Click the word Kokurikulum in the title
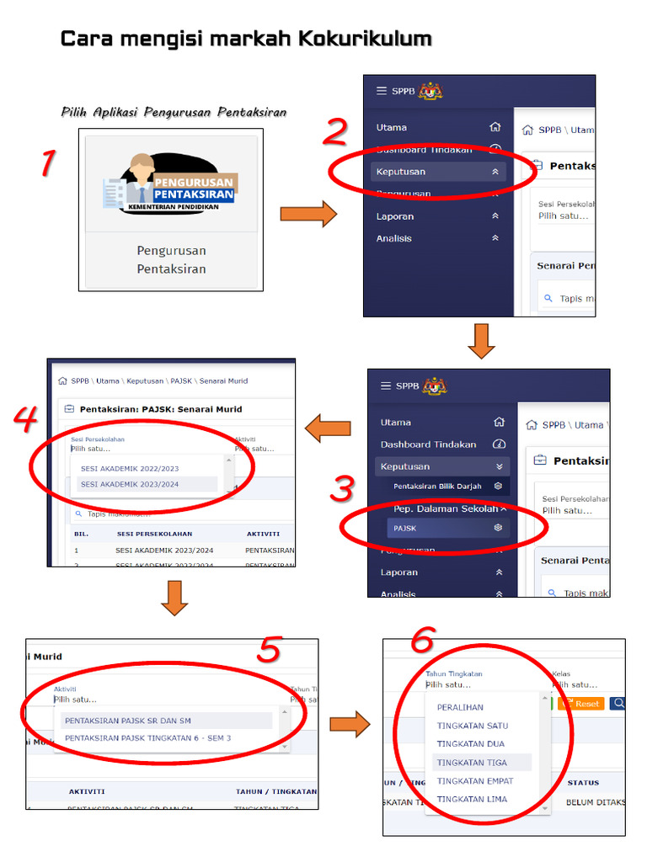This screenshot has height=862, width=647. coord(366,39)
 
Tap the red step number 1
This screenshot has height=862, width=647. coord(49,162)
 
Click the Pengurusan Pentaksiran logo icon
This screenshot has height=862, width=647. coord(172,184)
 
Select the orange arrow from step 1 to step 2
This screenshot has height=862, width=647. coord(307,215)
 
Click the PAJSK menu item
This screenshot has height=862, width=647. coord(405,528)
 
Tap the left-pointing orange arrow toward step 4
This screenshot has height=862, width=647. coord(328,429)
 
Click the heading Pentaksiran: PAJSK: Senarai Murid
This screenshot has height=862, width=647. coord(160,409)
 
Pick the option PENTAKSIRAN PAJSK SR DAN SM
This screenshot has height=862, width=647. coord(129,721)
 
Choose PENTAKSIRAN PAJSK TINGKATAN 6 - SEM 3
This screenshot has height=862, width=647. coord(147,738)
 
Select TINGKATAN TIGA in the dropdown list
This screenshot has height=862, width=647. coord(472,763)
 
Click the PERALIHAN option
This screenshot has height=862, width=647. coord(460,707)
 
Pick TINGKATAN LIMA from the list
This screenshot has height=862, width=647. coord(472,799)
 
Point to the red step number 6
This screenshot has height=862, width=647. coord(422,642)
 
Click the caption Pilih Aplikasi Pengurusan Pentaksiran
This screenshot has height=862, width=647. coord(174,112)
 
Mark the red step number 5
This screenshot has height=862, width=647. coord(269,649)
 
